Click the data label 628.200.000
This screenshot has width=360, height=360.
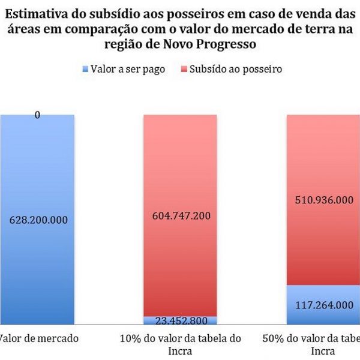(x=38, y=220)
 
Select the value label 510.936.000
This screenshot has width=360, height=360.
(x=324, y=200)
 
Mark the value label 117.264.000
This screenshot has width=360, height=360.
(x=325, y=305)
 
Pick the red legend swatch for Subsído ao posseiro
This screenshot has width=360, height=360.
(x=183, y=70)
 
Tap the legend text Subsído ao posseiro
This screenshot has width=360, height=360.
(x=235, y=69)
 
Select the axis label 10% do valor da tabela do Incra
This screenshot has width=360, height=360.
(x=180, y=344)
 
